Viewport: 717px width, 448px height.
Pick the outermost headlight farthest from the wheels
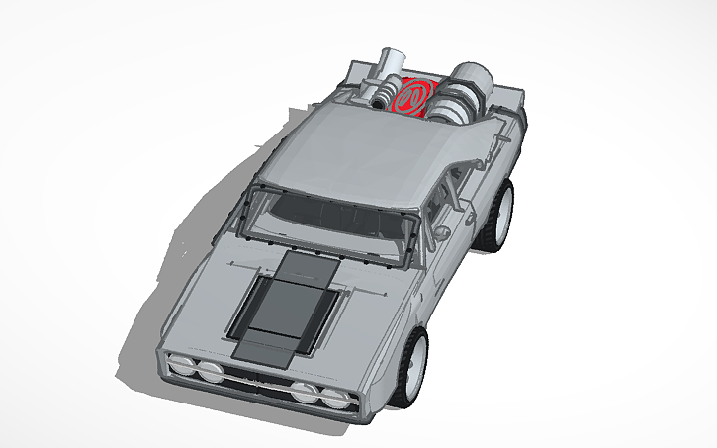[182, 363]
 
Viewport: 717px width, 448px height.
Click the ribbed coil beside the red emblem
[379, 95]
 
